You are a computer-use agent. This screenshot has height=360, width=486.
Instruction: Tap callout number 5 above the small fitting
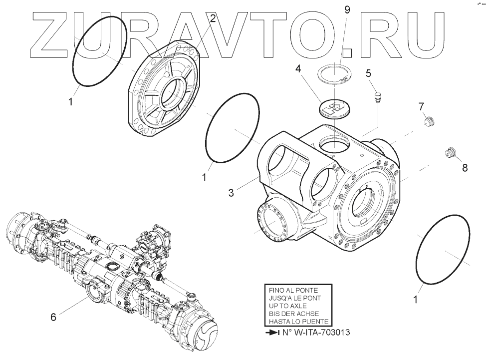pyautogui.click(x=369, y=74)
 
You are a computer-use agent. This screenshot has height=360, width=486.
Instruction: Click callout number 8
pyautogui.click(x=465, y=168)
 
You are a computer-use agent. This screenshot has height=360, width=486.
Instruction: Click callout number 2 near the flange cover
pyautogui.click(x=213, y=19)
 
